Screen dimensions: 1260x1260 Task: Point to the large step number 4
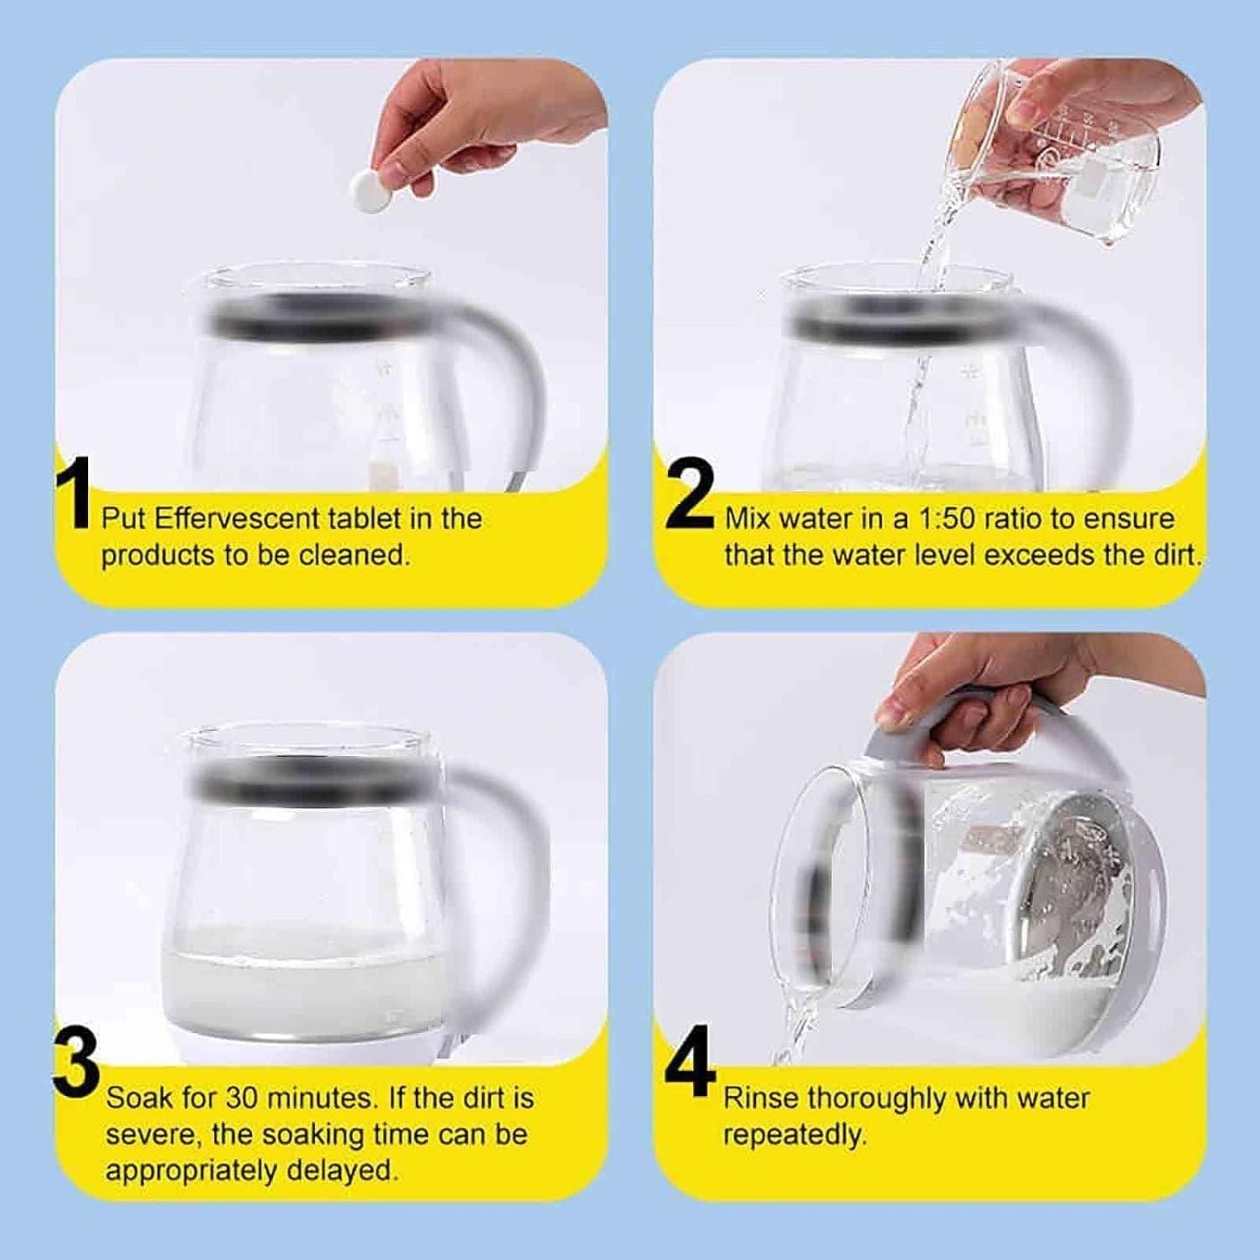pyautogui.click(x=691, y=1069)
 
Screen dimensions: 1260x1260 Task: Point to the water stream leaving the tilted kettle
pyautogui.click(x=793, y=1029)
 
